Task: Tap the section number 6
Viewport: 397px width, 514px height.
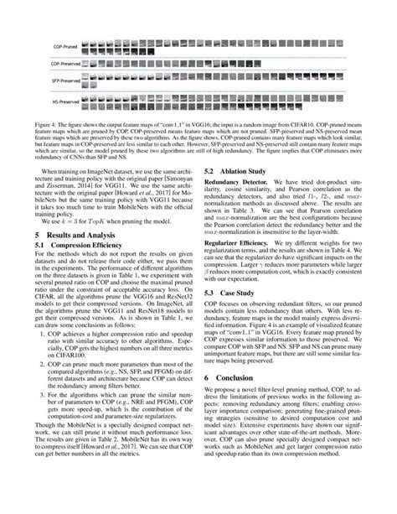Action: [207, 402]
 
